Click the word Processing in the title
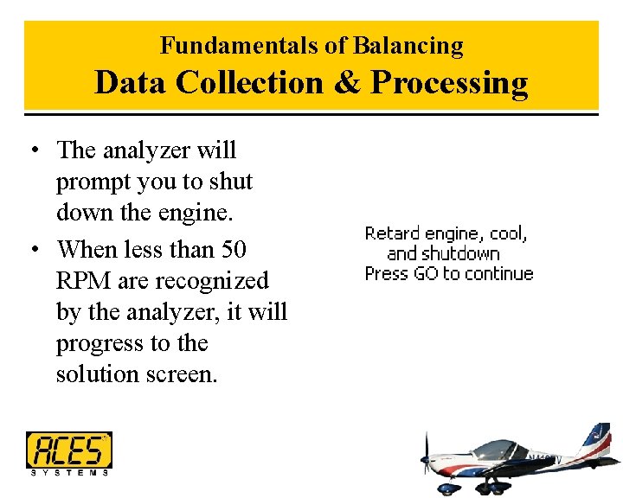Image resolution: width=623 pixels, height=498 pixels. (449, 83)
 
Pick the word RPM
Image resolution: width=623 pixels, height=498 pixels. (83, 281)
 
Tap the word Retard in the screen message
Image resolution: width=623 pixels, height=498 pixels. (392, 233)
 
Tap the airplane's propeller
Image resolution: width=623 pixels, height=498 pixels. (426, 458)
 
